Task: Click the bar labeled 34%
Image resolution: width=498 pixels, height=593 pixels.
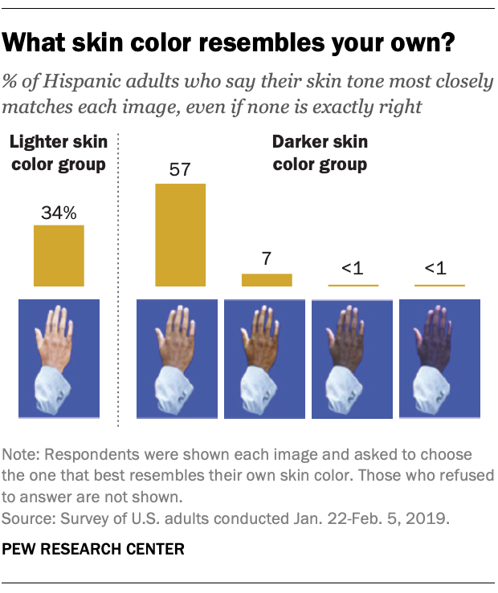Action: coord(59,255)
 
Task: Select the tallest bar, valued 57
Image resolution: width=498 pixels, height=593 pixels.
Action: coord(180,234)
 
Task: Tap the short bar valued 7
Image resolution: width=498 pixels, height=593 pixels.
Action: coord(267,280)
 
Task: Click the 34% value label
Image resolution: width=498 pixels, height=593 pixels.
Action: coord(59,213)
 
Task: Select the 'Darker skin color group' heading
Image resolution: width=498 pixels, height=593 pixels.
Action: coord(320,154)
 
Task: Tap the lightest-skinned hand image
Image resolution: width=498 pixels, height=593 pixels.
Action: coord(59,359)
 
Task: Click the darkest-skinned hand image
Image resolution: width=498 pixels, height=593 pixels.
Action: coord(439,359)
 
